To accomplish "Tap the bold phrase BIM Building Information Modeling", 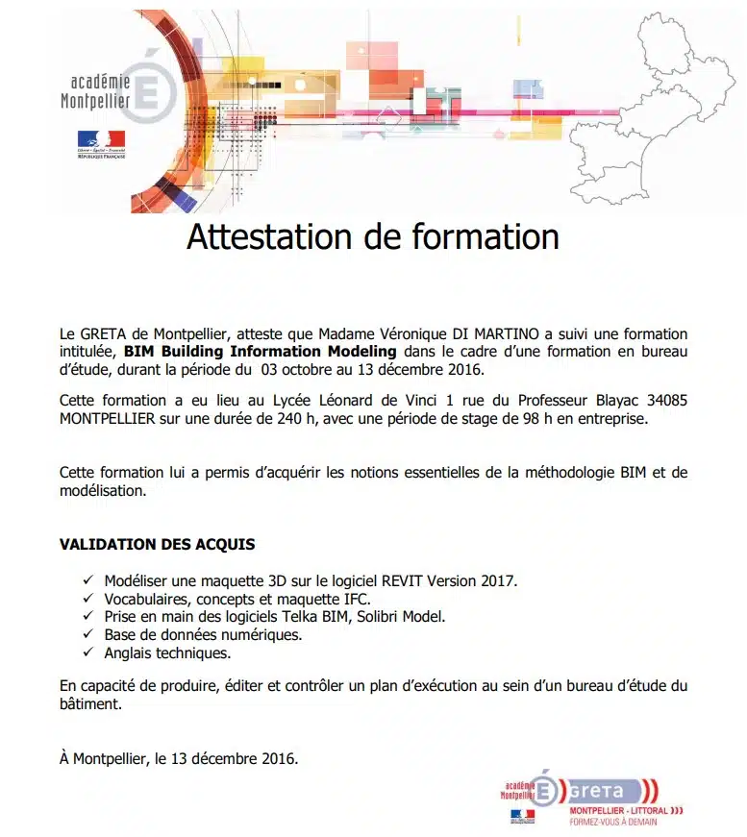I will (260, 352).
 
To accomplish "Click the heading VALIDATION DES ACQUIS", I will (158, 544).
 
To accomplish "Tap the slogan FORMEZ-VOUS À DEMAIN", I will (619, 822).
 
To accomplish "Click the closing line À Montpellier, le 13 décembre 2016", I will (179, 758).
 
